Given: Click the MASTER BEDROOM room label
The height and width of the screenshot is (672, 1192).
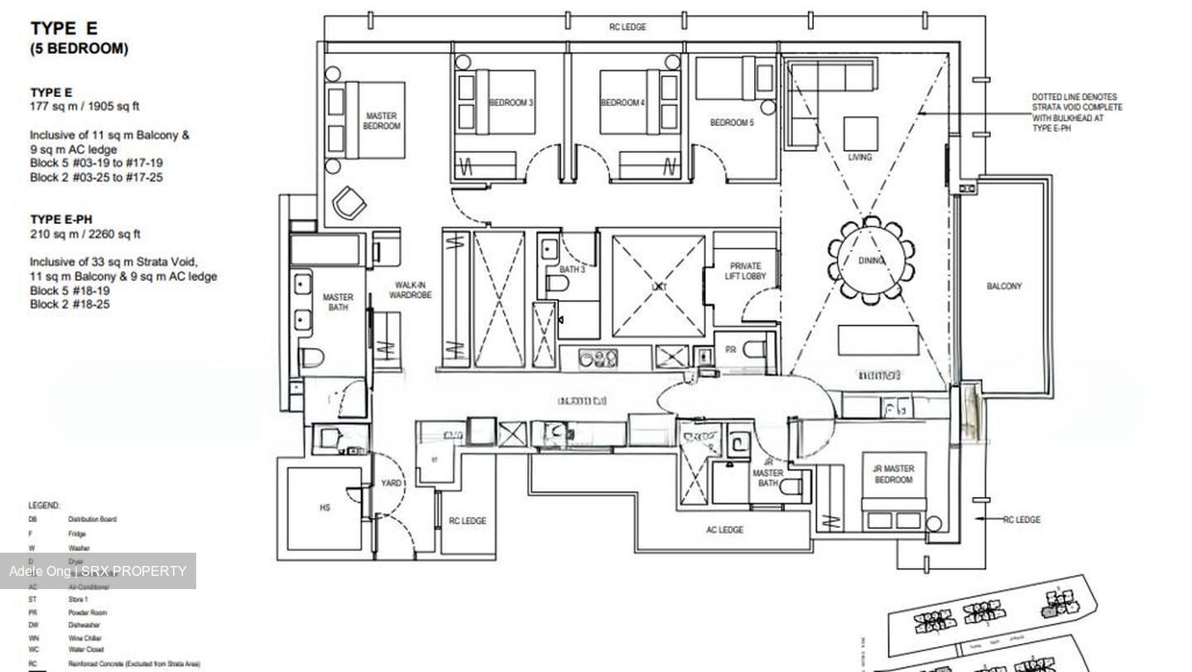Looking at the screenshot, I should point(381,121).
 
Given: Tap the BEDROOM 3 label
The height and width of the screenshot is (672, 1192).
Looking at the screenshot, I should point(511,103).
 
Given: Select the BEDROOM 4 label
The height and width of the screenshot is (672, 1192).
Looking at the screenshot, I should point(622,103).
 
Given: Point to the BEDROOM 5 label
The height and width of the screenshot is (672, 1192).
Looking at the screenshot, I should point(732,123).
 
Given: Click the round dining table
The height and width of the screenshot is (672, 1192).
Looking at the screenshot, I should point(871,261).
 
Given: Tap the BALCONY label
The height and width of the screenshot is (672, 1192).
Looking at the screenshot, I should point(1003,286).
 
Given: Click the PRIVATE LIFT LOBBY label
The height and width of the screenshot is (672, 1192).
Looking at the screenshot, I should point(747,272).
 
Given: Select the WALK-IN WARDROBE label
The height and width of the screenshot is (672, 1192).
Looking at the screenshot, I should point(410,290).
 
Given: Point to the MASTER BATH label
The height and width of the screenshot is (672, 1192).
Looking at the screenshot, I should point(338,302).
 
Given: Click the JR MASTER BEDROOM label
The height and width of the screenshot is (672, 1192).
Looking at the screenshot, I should point(893,475).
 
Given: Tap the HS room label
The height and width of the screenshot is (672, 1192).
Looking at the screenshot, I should point(324,507).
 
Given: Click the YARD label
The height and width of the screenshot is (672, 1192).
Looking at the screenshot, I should point(391,483).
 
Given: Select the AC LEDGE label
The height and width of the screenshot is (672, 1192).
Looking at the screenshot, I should point(724,530).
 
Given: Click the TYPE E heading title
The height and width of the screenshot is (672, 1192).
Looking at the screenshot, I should point(64,28).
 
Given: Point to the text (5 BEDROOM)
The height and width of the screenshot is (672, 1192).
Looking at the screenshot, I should point(79,49).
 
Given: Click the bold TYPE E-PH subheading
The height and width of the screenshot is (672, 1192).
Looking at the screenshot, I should point(61,220).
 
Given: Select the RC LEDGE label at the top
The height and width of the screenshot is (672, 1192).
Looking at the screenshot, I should point(627,27).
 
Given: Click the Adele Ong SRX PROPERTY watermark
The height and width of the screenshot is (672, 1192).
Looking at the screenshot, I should point(98,571).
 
